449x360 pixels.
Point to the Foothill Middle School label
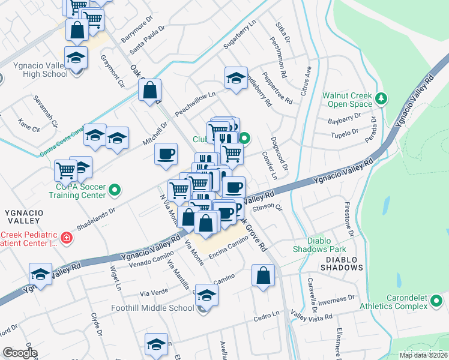pos(152,308)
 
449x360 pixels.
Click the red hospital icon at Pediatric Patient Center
pos(65,239)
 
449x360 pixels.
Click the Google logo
pos(20,353)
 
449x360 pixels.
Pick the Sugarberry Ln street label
pos(239,37)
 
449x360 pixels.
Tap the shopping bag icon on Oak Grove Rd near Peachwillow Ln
pos(149,91)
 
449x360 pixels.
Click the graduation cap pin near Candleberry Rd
pos(236,78)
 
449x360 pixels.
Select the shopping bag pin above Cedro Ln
pos(263,276)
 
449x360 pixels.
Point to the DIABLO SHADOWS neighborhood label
pos(342,260)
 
